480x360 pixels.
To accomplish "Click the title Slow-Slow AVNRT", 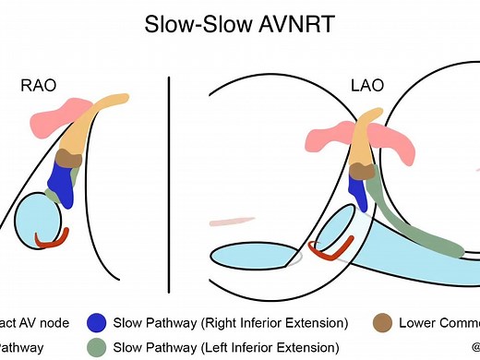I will (x=239, y=24).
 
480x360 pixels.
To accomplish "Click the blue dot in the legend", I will (x=95, y=323).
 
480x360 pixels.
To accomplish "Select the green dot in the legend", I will (x=95, y=347).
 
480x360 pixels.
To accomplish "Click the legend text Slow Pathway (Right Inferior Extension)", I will (x=230, y=323).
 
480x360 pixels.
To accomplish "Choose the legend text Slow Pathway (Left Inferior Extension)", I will (x=226, y=347).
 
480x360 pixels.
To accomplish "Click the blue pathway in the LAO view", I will (x=354, y=193).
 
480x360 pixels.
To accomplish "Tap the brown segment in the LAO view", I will (x=362, y=169).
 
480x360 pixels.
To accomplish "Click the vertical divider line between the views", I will (x=169, y=175).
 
